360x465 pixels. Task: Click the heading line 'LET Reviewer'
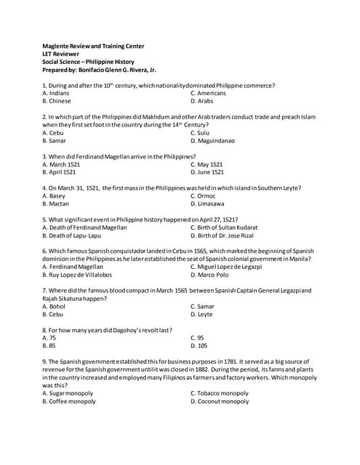pos(62,54)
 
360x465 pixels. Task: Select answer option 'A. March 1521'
pos(63,164)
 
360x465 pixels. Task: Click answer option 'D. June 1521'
pos(207,172)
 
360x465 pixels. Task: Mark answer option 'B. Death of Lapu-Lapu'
pos(75,235)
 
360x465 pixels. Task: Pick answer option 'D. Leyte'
pos(201,314)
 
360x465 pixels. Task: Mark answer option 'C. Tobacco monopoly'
pos(219,392)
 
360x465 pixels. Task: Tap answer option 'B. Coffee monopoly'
pos(69,400)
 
